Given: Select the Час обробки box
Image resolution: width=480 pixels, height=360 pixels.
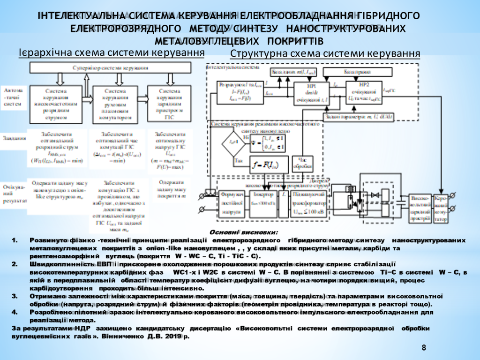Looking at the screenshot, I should (302, 163).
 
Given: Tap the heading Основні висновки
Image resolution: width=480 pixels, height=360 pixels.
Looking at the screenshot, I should (243, 232).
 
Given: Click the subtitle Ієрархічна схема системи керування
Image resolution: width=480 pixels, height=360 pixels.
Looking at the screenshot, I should (112, 52).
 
